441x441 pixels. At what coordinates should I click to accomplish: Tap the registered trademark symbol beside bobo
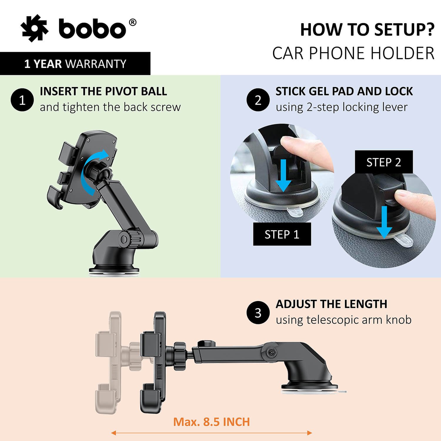point(133,23)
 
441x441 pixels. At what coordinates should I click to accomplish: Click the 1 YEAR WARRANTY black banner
point(75,64)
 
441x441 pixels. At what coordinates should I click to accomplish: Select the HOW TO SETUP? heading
point(367,30)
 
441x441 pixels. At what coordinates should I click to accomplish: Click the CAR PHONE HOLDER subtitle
point(353,53)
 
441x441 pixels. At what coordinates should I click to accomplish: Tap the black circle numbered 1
point(22,100)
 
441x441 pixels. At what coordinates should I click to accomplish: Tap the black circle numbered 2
point(258,100)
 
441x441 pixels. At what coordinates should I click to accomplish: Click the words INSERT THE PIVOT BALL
point(103,91)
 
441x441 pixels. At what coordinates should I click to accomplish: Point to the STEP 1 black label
point(282,234)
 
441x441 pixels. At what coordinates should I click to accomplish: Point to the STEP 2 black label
point(384,162)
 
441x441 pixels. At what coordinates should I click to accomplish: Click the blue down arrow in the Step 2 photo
point(384,222)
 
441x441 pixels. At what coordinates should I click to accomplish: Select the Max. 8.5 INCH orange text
point(211,422)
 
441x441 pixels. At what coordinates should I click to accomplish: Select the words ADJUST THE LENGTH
point(331,304)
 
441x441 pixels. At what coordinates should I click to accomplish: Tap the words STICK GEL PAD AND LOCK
point(344,91)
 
